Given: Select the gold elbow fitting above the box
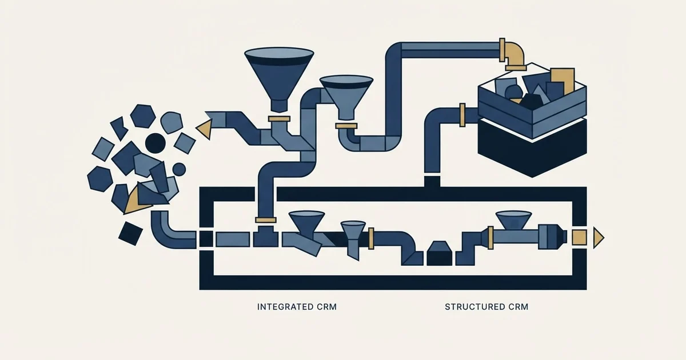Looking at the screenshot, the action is click(x=513, y=55).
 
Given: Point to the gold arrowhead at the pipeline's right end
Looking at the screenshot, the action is click(x=599, y=238).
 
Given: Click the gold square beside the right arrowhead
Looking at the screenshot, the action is click(x=580, y=238).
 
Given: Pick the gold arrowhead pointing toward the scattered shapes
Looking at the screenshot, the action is click(x=204, y=129).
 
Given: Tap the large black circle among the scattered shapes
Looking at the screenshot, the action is click(x=155, y=143).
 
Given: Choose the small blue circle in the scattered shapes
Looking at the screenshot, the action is click(x=179, y=169).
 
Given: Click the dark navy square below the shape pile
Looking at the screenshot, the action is click(x=130, y=233).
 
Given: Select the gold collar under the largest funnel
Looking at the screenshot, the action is click(x=279, y=119).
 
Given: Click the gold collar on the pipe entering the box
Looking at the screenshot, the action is click(x=462, y=115).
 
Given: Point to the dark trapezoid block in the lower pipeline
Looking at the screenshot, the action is click(x=439, y=253).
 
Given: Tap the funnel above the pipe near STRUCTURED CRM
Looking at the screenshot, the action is click(x=513, y=220).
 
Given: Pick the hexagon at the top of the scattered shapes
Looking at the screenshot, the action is click(x=143, y=116).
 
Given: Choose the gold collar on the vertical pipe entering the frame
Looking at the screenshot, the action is click(x=266, y=220).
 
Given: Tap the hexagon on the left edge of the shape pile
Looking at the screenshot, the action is click(x=100, y=179).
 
